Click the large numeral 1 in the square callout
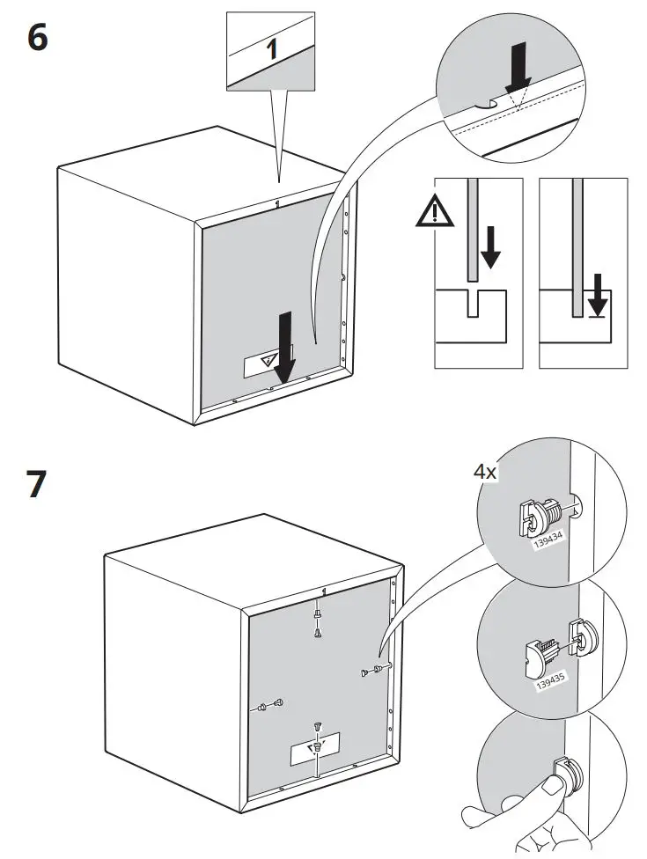tap(273, 48)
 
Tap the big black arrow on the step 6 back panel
tap(285, 343)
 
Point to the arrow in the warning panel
tap(490, 247)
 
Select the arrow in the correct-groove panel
tap(598, 295)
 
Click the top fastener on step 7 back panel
tap(318, 620)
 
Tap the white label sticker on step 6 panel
tap(263, 362)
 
